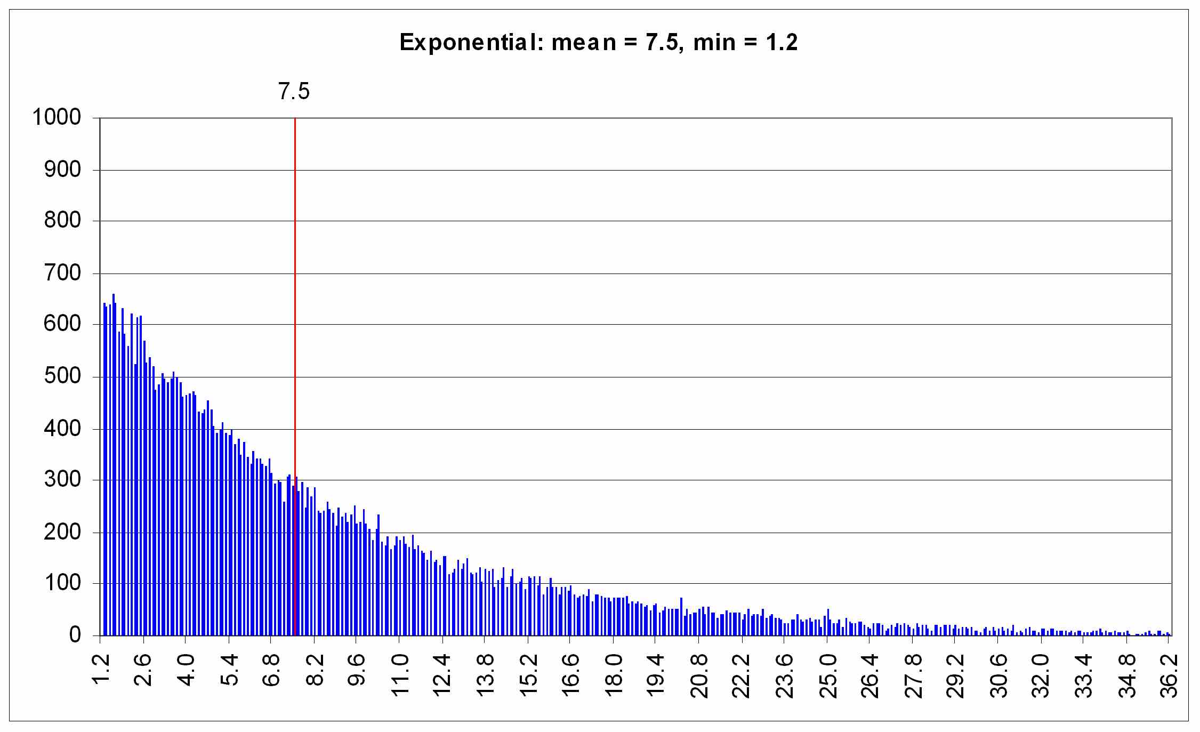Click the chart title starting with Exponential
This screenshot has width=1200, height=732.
pyautogui.click(x=598, y=42)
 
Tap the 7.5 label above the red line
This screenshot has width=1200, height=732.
pyautogui.click(x=294, y=92)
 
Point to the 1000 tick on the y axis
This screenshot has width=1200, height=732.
pyautogui.click(x=57, y=117)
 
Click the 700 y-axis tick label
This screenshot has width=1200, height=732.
pyautogui.click(x=62, y=274)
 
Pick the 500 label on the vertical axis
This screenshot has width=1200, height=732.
pyautogui.click(x=62, y=376)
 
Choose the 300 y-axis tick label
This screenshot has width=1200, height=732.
pyautogui.click(x=62, y=480)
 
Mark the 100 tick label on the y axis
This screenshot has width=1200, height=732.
pyautogui.click(x=62, y=583)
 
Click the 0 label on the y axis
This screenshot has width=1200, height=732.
pyautogui.click(x=75, y=635)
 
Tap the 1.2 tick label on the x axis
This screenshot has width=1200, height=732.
pyautogui.click(x=101, y=670)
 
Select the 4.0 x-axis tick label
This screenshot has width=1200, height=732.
pyautogui.click(x=186, y=670)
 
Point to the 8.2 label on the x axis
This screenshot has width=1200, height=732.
pyautogui.click(x=315, y=670)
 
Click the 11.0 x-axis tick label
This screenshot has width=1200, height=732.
pyautogui.click(x=400, y=675)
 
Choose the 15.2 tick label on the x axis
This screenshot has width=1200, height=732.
pyautogui.click(x=528, y=675)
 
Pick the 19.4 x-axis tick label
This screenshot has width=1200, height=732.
pyautogui.click(x=656, y=675)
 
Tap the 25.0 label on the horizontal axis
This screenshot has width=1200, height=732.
pyautogui.click(x=827, y=675)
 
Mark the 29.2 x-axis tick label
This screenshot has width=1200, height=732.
pyautogui.click(x=955, y=675)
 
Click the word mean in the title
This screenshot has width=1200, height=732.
pyautogui.click(x=584, y=42)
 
